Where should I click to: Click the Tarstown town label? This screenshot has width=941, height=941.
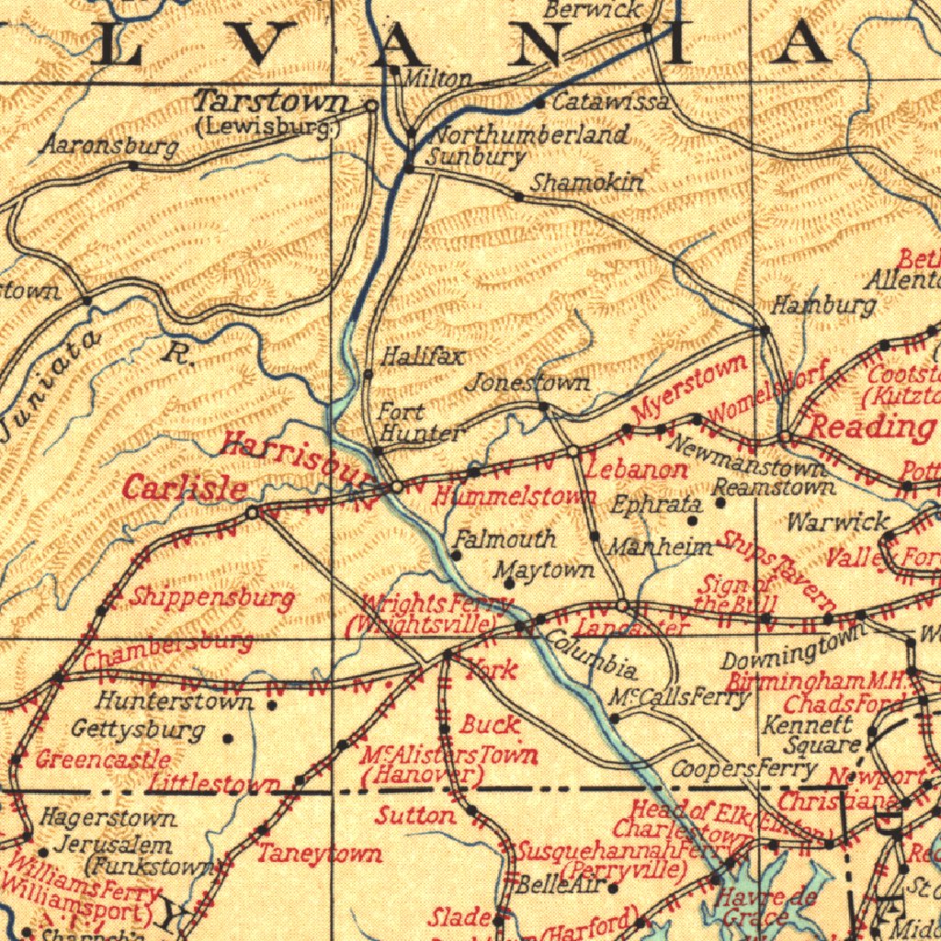pos(273,101)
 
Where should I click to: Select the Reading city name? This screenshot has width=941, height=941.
pos(869,426)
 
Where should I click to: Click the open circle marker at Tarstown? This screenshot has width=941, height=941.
pos(371,106)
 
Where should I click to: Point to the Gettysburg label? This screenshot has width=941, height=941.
pos(138,731)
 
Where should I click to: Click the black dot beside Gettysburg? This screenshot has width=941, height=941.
pos(228,737)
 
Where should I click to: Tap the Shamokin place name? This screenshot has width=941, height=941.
pos(588,183)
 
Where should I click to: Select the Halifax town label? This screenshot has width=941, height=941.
pos(424,356)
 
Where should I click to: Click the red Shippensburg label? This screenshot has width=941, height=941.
pos(212,598)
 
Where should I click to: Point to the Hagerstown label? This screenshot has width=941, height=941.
pos(108,817)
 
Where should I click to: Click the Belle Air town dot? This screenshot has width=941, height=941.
pos(613,888)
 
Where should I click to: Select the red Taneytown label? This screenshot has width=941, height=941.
pos(319,854)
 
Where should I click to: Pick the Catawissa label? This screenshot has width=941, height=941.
pos(610,102)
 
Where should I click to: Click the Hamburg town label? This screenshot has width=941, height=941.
pos(822,305)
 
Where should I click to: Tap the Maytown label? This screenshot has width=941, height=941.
pos(544,571)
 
